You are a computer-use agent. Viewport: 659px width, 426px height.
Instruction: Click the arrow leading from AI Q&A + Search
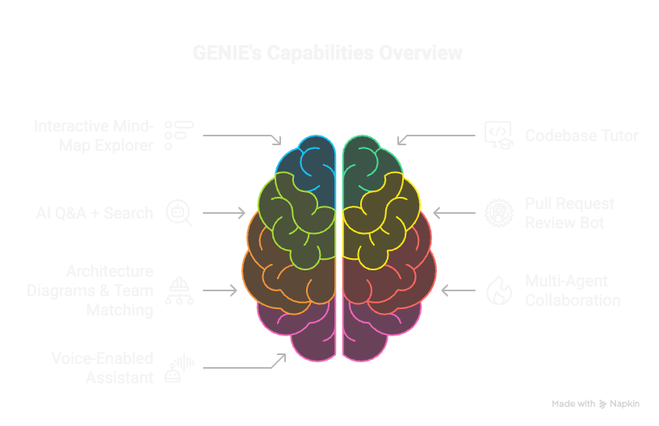click(224, 213)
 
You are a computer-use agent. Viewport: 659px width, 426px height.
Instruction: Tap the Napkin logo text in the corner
click(625, 403)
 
